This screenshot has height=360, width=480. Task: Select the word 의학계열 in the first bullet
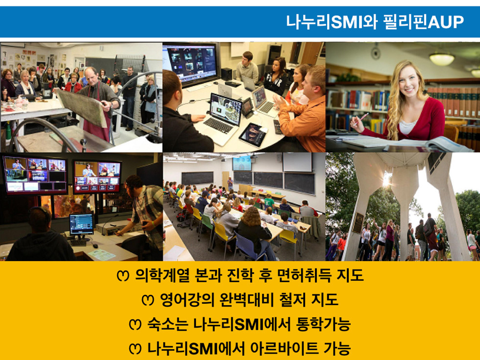click(x=162, y=275)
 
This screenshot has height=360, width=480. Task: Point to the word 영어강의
click(x=187, y=300)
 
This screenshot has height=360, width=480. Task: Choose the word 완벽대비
click(x=247, y=300)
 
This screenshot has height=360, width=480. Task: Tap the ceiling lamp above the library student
click(x=442, y=59)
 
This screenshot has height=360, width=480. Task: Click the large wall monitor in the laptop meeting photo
click(x=190, y=64)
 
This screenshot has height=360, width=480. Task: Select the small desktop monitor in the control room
click(x=81, y=225)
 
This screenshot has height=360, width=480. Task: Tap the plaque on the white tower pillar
click(x=358, y=222)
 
